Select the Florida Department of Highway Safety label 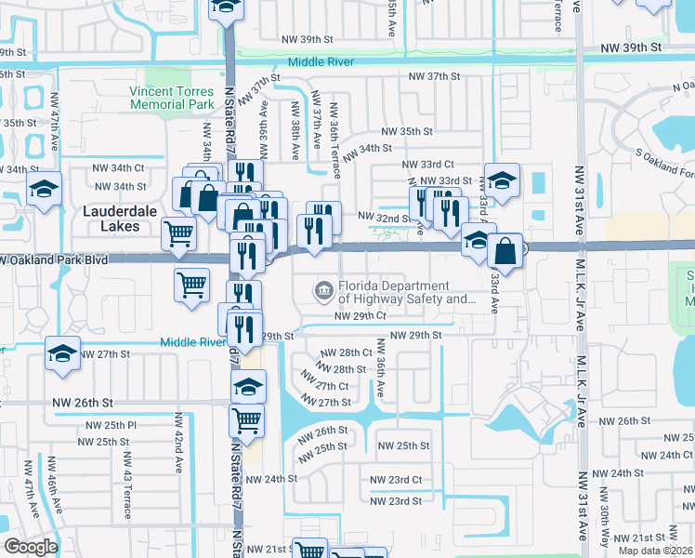(x=406, y=293)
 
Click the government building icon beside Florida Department (x=323, y=292)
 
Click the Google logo (x=31, y=547)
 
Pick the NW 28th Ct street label (x=346, y=353)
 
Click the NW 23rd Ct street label (x=396, y=480)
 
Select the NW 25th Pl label (x=111, y=425)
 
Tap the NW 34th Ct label (x=119, y=168)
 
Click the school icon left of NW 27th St (x=62, y=355)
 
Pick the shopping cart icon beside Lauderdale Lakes (x=178, y=233)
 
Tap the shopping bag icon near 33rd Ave (x=505, y=250)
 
